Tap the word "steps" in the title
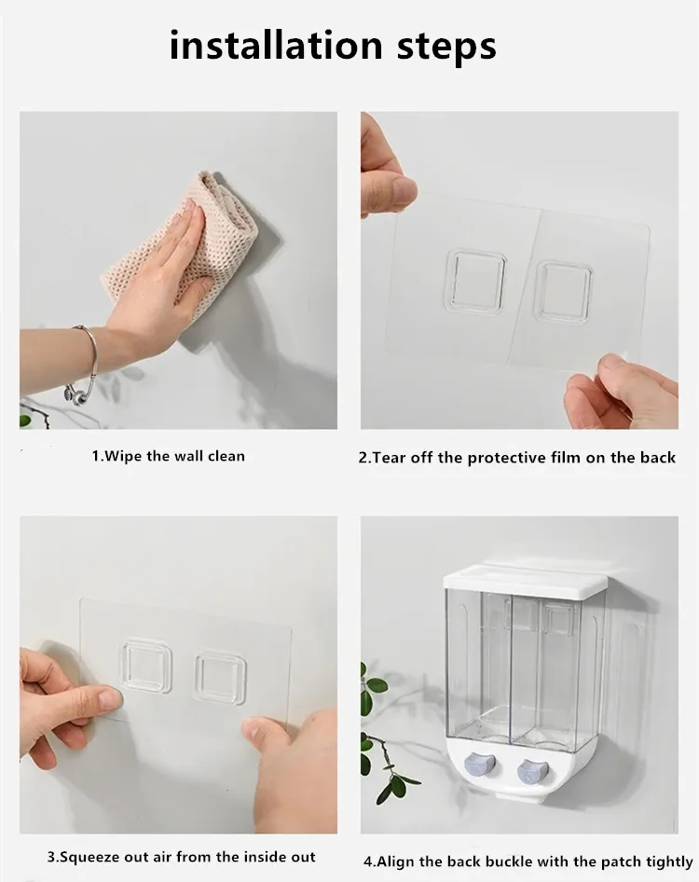tap(447, 48)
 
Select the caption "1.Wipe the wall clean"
tap(168, 456)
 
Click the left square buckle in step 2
tap(475, 280)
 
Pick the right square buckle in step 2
tap(563, 289)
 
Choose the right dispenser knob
tap(532, 771)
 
